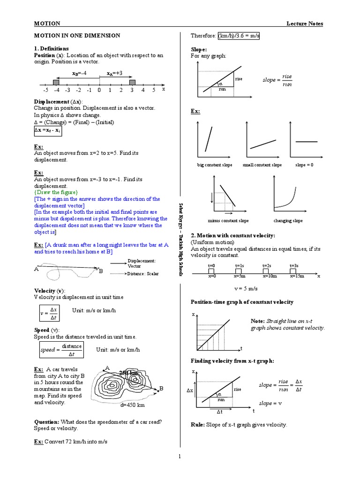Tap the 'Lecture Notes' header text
(305, 24)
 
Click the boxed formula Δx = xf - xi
(47, 131)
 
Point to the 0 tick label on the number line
(99, 90)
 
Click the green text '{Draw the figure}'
(56, 192)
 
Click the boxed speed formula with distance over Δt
(60, 350)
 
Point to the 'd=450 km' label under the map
(132, 405)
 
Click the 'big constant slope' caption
(215, 165)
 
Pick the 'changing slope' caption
(288, 221)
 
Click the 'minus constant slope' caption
(228, 221)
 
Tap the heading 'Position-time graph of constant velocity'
(242, 301)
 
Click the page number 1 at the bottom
(180, 456)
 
